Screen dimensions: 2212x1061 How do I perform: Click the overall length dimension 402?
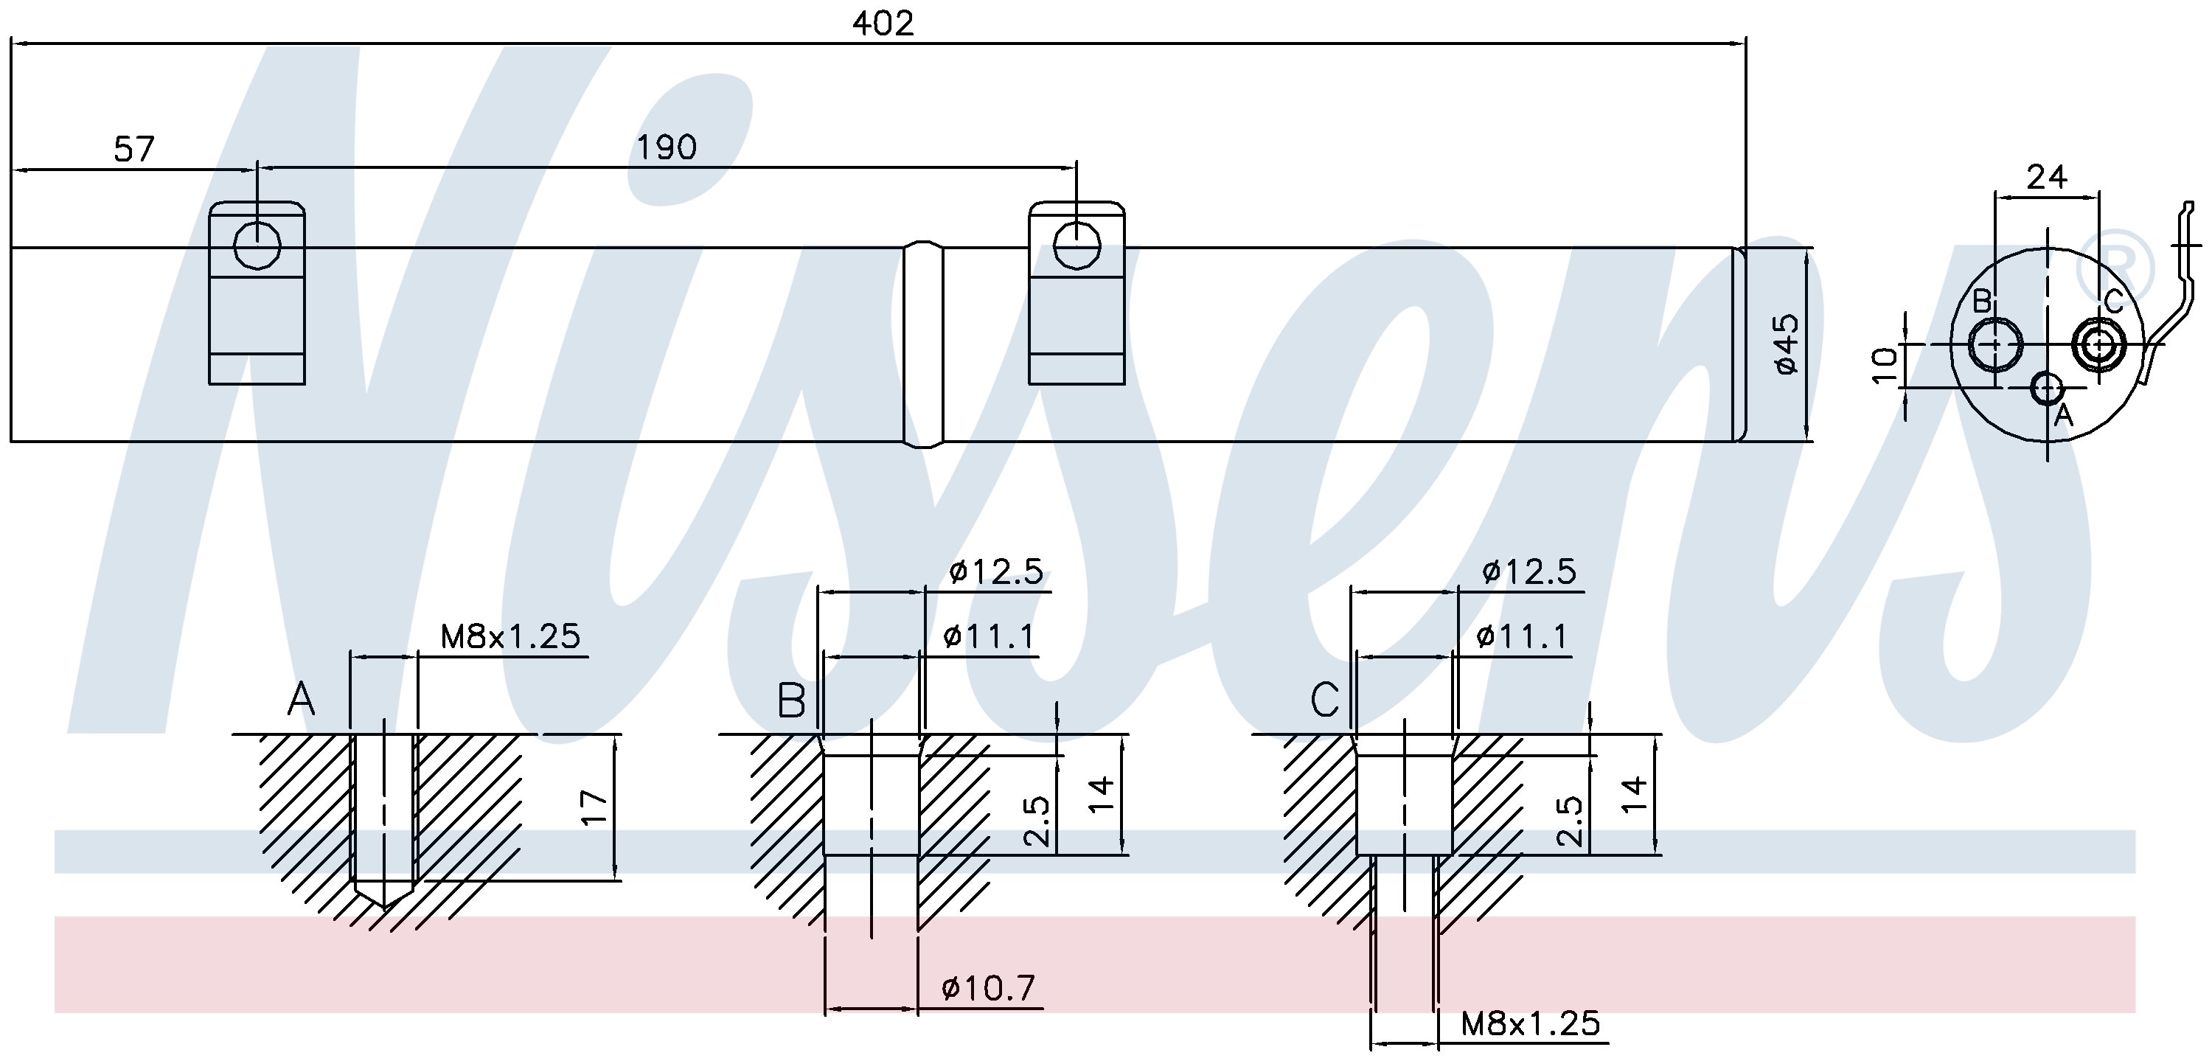pyautogui.click(x=883, y=23)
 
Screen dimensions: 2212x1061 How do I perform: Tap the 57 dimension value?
pyautogui.click(x=134, y=150)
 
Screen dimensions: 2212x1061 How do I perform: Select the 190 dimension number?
pyautogui.click(x=667, y=147)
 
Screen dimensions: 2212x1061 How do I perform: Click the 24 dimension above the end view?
pyautogui.click(x=2046, y=177)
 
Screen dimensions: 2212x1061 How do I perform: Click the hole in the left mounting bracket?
pyautogui.click(x=257, y=246)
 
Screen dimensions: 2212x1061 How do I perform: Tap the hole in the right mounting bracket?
pyautogui.click(x=1077, y=246)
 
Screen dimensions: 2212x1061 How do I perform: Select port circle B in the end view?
pyautogui.click(x=1994, y=344)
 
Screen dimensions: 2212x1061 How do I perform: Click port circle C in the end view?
pyautogui.click(x=2098, y=344)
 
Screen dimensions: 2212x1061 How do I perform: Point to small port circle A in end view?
pyautogui.click(x=2048, y=388)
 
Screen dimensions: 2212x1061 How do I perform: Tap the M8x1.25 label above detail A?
pyautogui.click(x=510, y=636)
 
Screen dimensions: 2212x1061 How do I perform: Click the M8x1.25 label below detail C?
pyautogui.click(x=1530, y=1023)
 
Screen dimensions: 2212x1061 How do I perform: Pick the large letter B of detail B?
pyautogui.click(x=791, y=700)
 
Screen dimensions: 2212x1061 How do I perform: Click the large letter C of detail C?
pyautogui.click(x=1324, y=700)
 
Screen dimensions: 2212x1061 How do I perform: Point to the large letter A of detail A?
pyautogui.click(x=301, y=700)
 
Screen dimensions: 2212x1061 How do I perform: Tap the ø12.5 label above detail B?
pyautogui.click(x=996, y=571)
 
